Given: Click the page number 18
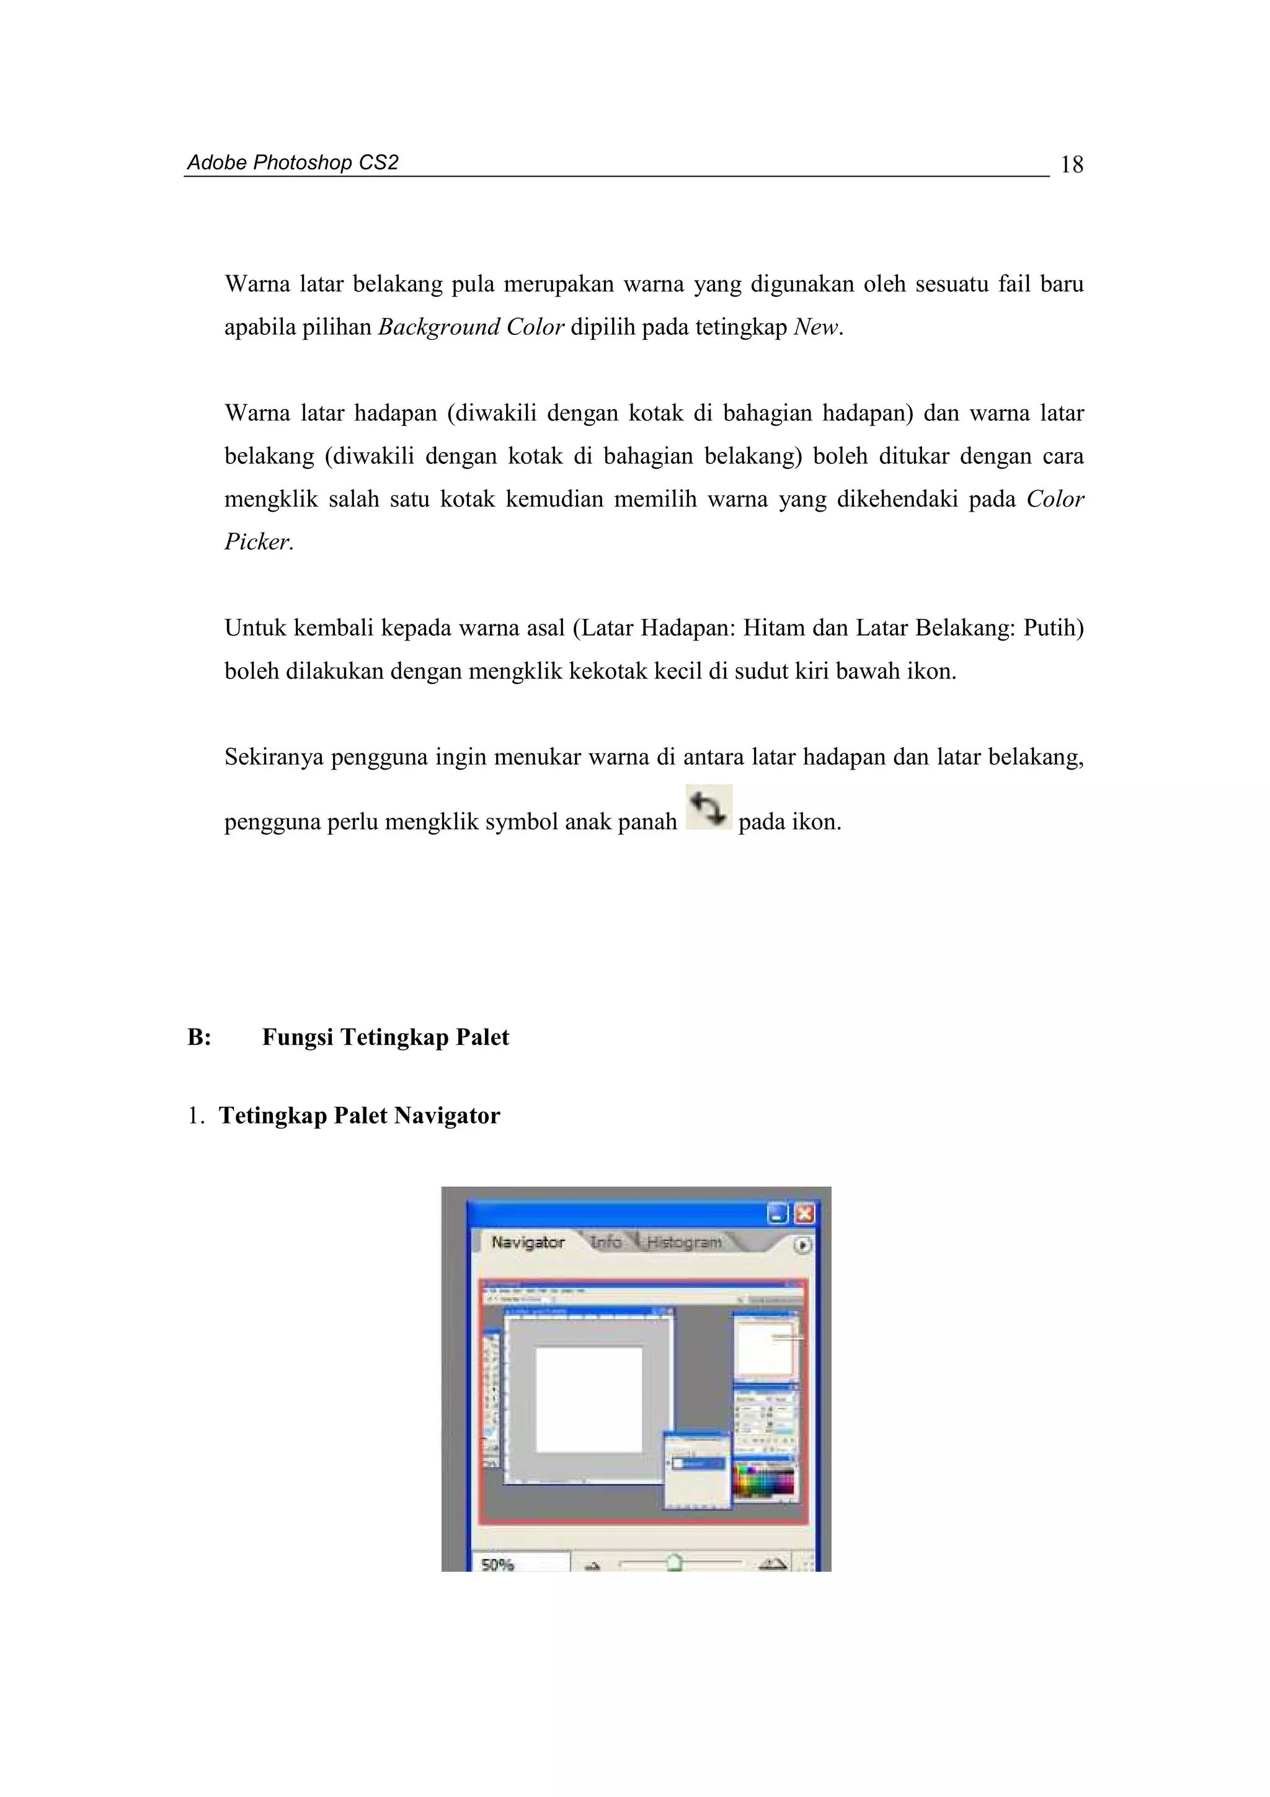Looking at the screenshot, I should coord(1071,164).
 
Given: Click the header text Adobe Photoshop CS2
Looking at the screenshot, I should coord(293,163).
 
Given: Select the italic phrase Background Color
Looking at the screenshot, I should coord(471,327).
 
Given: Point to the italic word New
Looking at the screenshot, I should coord(816,327).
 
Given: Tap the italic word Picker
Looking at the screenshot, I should coord(257,541).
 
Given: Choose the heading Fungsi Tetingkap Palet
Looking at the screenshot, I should coord(385,1038).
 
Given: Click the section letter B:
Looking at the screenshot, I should coord(200,1038).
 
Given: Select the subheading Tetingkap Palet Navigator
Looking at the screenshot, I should coord(359,1116).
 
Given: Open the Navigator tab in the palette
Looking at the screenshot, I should coord(527,1243).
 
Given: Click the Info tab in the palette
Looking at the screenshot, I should coord(606,1242).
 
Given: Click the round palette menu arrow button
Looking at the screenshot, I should coord(803,1245).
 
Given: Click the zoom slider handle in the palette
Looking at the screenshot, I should coord(675,1564).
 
